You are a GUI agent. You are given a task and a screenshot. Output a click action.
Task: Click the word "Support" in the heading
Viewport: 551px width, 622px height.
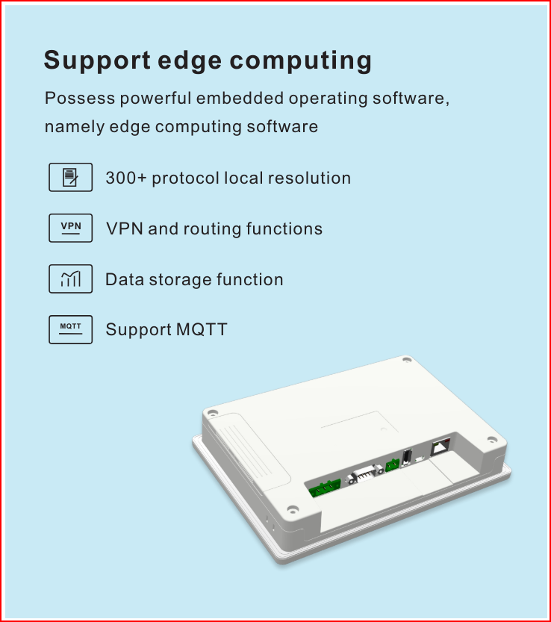click(x=97, y=60)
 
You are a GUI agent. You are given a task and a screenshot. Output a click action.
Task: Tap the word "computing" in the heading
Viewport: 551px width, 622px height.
click(x=301, y=60)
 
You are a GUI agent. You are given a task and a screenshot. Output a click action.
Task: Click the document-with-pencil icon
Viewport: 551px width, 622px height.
click(x=71, y=177)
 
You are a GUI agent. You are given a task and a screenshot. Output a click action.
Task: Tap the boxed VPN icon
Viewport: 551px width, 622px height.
click(x=71, y=228)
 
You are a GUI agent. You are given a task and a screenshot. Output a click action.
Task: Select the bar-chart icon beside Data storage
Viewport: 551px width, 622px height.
click(x=71, y=279)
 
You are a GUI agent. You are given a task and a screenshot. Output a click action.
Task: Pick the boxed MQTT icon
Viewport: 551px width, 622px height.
click(x=71, y=329)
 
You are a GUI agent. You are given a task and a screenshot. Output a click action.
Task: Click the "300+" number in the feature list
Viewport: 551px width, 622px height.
click(x=126, y=178)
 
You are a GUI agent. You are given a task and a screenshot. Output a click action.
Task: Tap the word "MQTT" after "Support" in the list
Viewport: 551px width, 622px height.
click(x=202, y=329)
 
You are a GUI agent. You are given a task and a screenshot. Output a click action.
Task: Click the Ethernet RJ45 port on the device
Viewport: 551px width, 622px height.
click(x=441, y=447)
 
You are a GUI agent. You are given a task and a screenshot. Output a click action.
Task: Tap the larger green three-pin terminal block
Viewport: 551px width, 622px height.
click(x=325, y=488)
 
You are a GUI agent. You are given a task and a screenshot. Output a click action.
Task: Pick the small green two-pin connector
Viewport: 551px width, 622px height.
click(x=392, y=464)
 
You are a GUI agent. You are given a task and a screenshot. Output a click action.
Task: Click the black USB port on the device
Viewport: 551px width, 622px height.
click(x=407, y=456)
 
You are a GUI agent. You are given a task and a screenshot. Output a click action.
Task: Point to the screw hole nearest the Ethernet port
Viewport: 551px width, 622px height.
click(x=492, y=440)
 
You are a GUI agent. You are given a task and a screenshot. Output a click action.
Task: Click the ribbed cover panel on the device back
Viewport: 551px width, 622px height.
click(x=249, y=452)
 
